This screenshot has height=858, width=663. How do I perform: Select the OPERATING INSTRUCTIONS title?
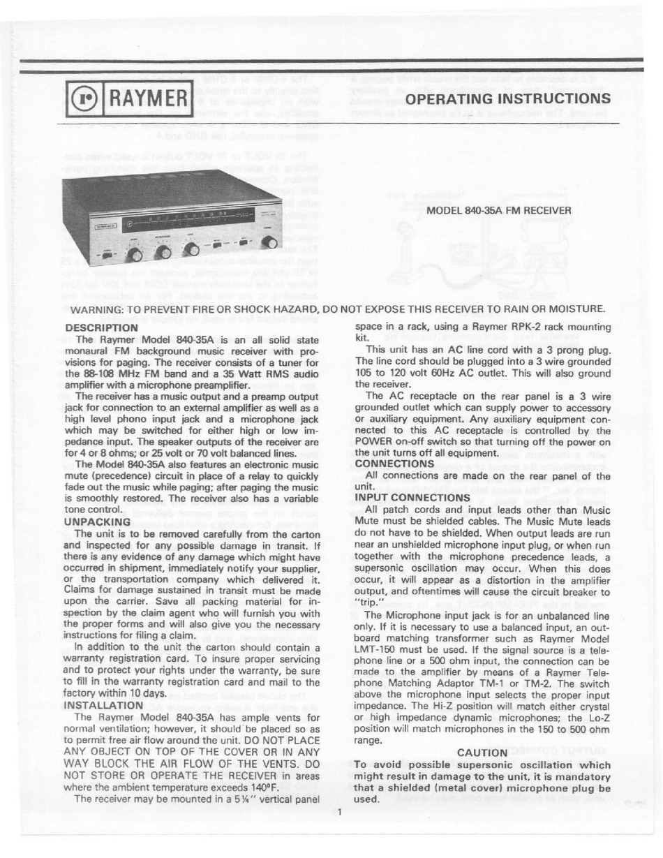[508, 98]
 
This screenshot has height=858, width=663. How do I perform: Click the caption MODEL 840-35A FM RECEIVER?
[498, 209]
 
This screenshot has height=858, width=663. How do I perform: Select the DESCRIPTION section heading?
[100, 327]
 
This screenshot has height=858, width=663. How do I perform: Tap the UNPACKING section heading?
[97, 521]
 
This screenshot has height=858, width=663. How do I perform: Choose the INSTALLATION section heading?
[104, 705]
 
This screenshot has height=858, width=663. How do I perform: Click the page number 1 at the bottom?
[338, 812]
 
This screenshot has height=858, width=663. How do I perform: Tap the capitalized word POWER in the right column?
[376, 441]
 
